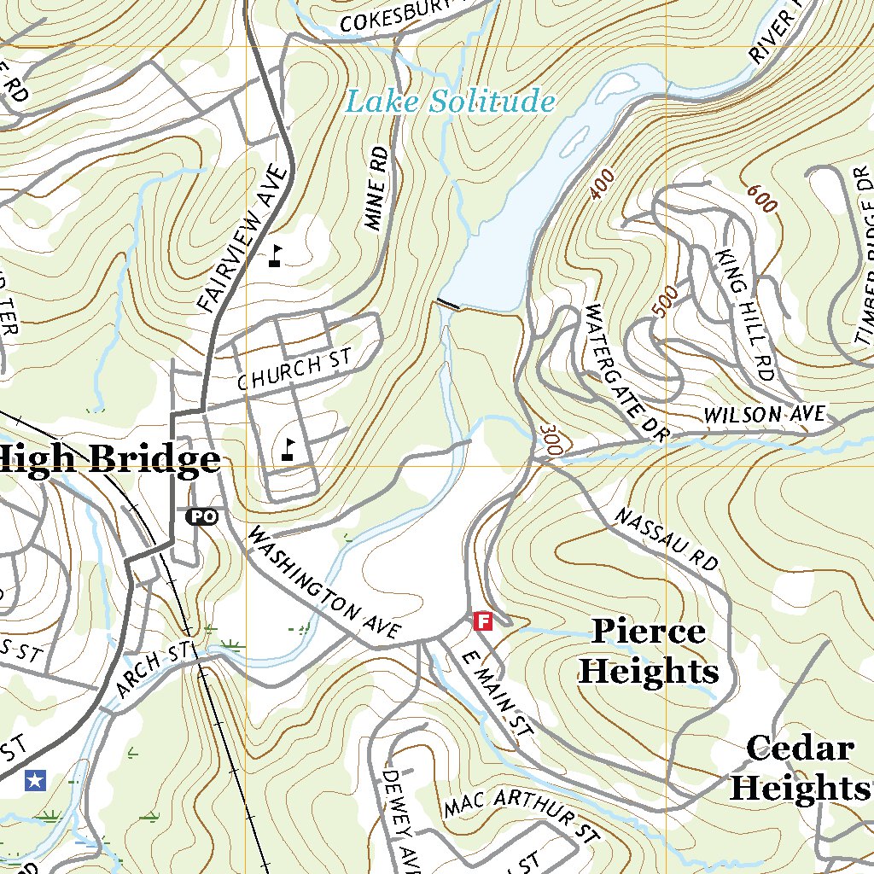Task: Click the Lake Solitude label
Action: coord(450,102)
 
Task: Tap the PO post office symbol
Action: coord(201,516)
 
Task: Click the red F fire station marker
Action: coord(483,621)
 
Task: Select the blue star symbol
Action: coord(35,778)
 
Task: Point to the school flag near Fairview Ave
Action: coord(275,256)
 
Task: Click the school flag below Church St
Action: coord(288,450)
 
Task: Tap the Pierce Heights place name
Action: coord(649,652)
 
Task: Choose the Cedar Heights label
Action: coord(799,768)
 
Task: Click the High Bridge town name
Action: coord(109,460)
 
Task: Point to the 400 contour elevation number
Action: coord(602,184)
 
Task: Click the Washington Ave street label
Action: coord(323,584)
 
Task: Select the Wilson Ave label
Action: coord(765,415)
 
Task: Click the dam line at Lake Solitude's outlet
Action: coord(448,304)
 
